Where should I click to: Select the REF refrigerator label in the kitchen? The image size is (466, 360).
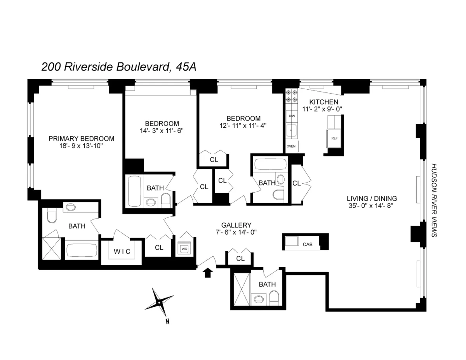click(x=334, y=138)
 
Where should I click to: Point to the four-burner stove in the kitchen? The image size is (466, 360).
click(x=292, y=96)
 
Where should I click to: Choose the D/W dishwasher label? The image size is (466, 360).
click(x=292, y=116)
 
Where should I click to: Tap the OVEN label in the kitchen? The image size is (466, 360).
click(x=291, y=146)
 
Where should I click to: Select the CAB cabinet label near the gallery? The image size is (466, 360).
click(x=307, y=244)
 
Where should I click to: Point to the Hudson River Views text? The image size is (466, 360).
click(x=434, y=200)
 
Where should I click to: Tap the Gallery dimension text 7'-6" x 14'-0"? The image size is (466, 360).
click(x=236, y=232)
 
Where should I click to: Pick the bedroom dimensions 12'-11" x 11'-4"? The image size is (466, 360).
click(x=243, y=125)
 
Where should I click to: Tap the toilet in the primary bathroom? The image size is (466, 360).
click(x=52, y=216)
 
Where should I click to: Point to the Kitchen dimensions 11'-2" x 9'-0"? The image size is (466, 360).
click(x=323, y=109)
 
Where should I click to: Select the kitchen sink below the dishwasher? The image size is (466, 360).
click(x=292, y=130)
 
